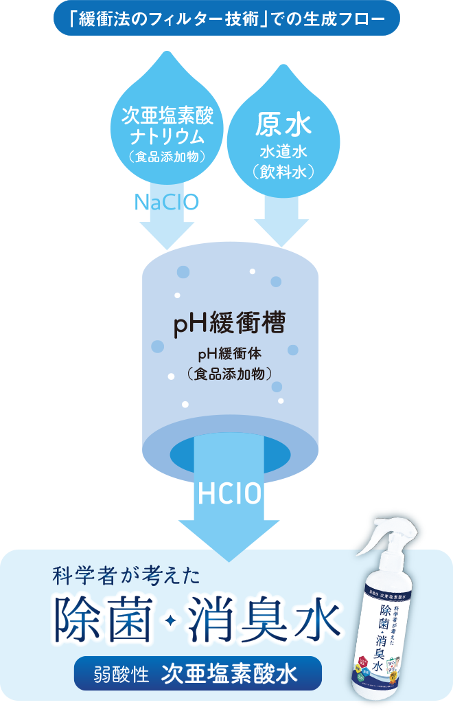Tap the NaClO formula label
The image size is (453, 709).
pyautogui.click(x=167, y=202)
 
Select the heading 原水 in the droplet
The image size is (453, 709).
pyautogui.click(x=284, y=126)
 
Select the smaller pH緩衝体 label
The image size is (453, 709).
pyautogui.click(x=229, y=354)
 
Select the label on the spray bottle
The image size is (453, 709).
pyautogui.click(x=384, y=632)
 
